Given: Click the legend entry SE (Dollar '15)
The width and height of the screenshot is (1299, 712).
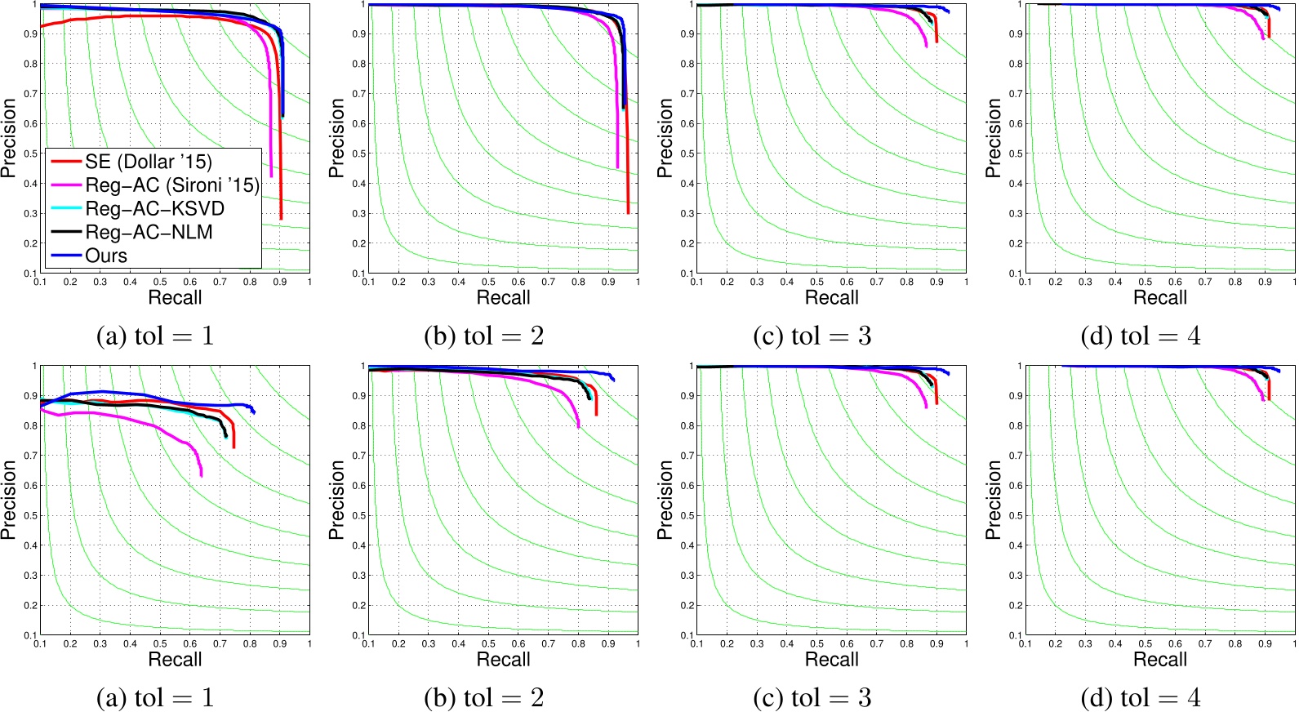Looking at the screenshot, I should coord(148,162).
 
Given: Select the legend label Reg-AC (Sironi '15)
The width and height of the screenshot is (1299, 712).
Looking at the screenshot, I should coord(171,185).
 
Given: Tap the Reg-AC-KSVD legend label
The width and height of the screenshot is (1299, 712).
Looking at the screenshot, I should coord(154,209).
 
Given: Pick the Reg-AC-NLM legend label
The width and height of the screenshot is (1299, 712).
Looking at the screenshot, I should coord(149,232).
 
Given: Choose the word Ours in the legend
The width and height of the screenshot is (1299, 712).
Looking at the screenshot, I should coord(106,256).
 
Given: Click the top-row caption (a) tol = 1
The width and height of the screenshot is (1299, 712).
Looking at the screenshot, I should coord(155,336).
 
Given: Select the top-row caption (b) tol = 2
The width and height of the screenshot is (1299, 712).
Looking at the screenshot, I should coord(483,336).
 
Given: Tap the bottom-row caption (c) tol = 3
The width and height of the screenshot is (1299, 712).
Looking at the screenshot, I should coord(812,697).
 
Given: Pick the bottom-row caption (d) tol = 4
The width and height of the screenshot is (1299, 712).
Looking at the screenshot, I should coord(1140,697).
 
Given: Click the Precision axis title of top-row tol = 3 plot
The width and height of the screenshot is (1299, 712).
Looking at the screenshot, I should coord(665,138).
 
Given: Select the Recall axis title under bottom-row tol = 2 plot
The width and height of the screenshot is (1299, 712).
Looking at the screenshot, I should coord(503,659).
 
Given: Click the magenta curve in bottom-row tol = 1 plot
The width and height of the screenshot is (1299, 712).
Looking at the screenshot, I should coord(147,422).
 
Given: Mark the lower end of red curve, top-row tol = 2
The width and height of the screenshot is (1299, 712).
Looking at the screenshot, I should coord(628,212).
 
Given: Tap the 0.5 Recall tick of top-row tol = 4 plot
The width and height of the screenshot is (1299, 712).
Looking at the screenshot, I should coord(1146,282).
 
